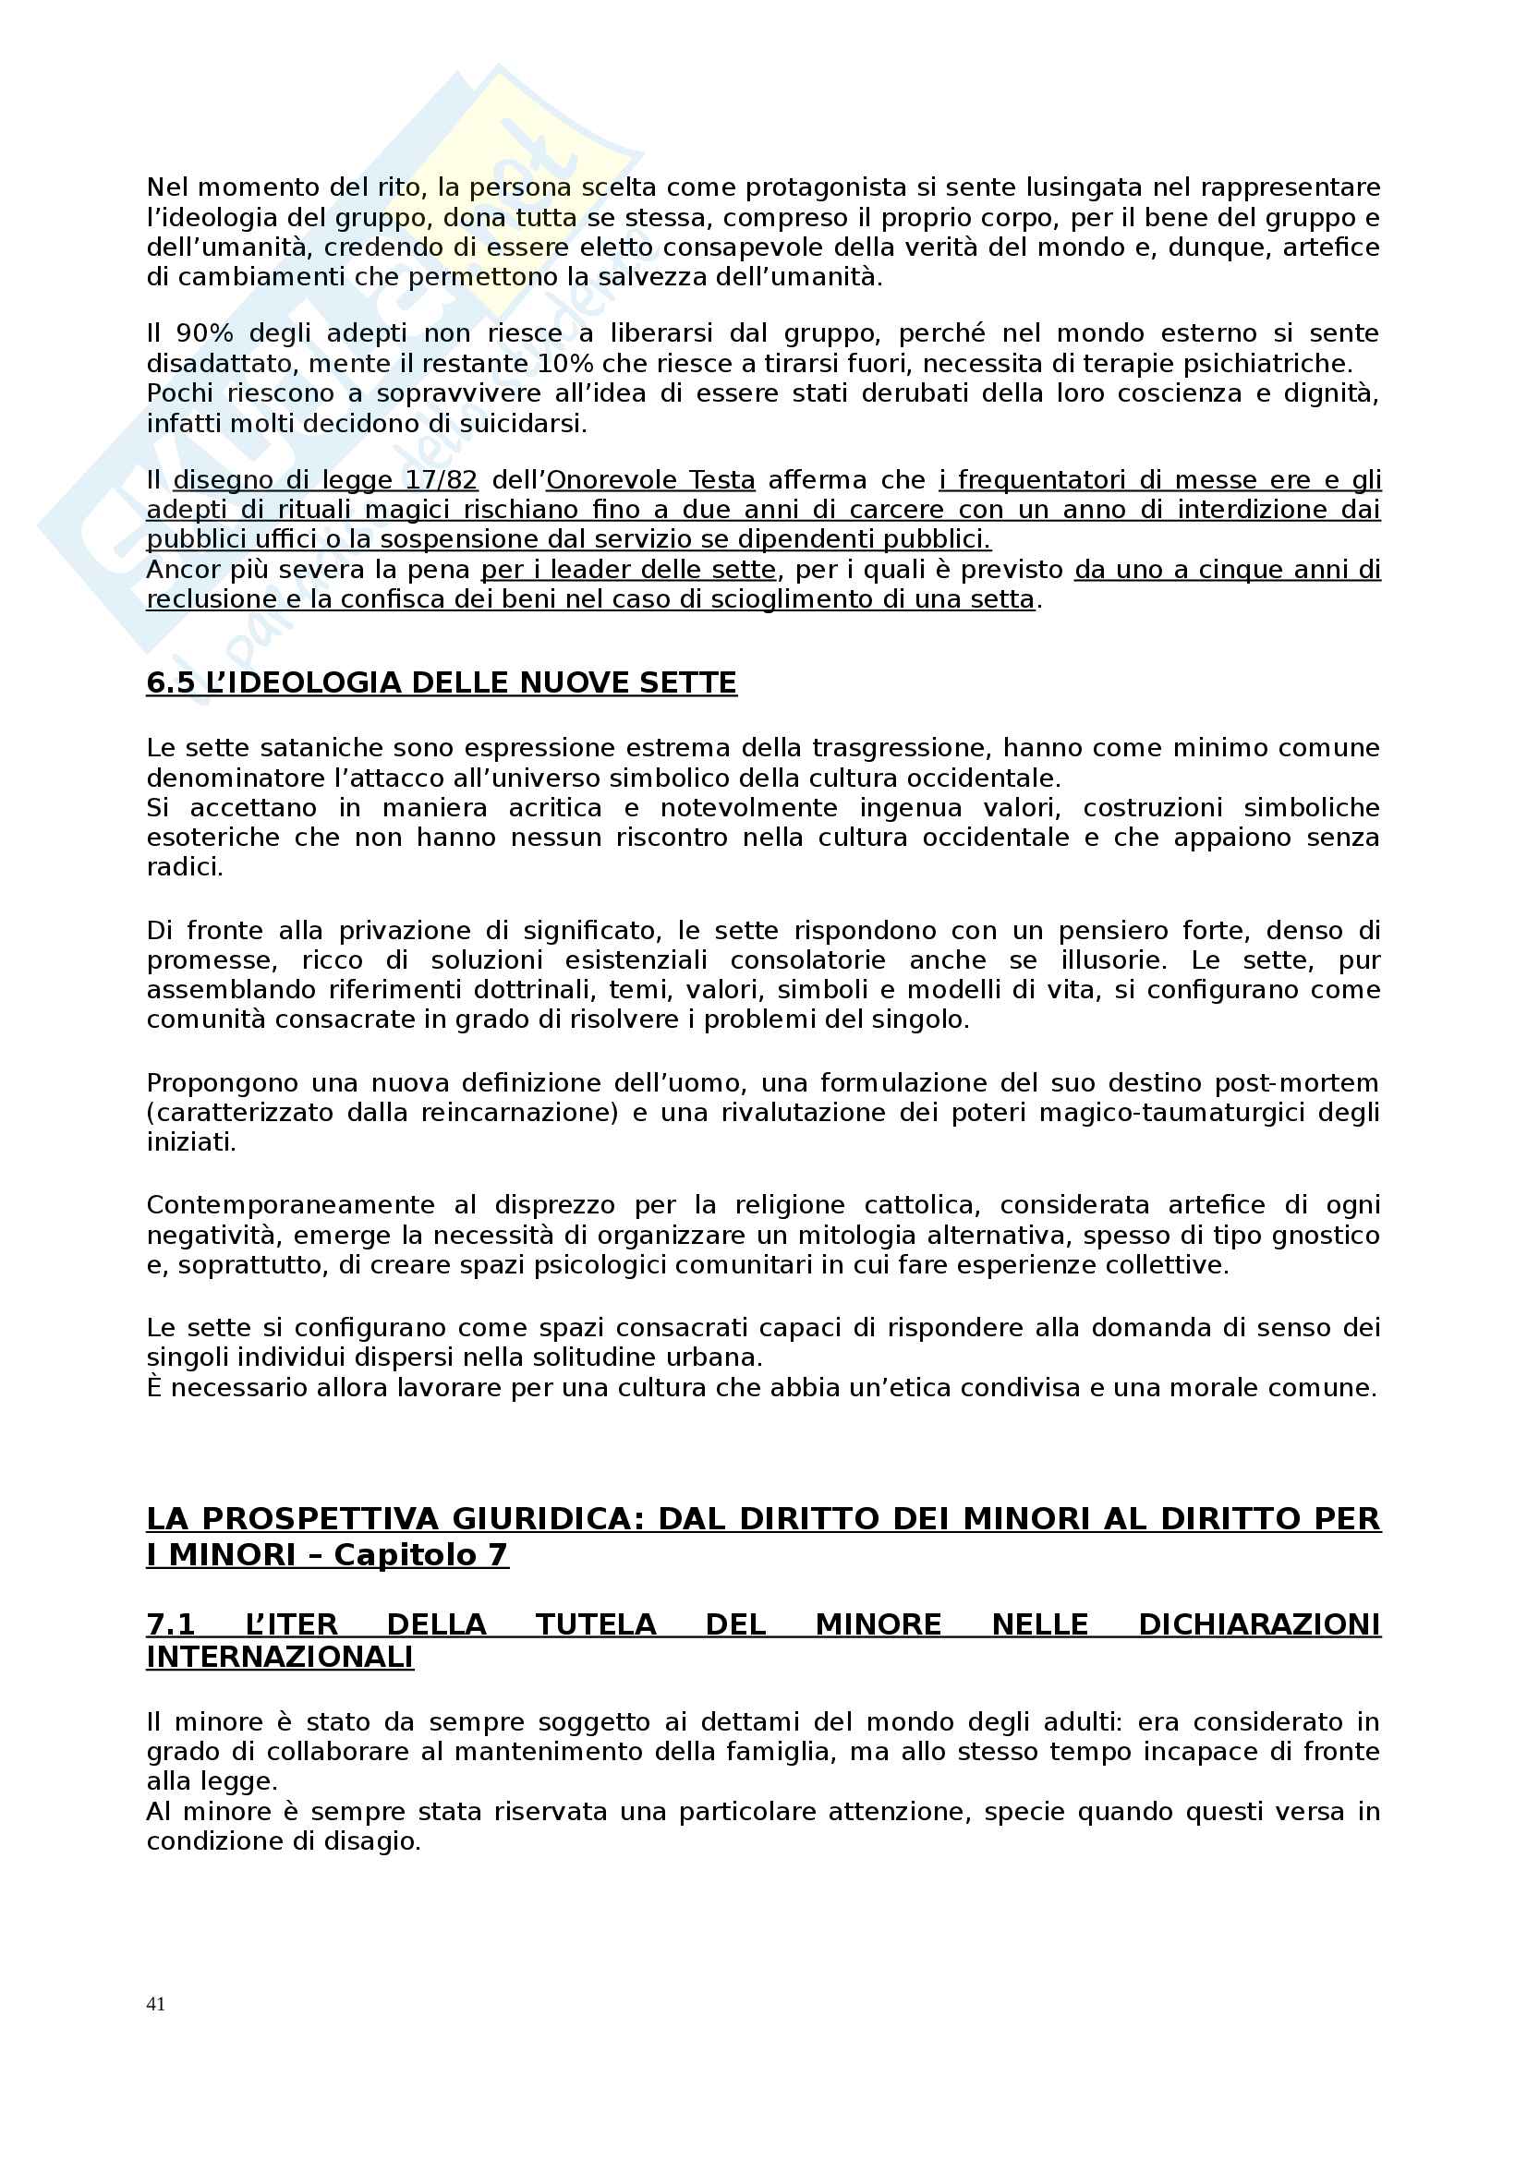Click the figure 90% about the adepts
(x=203, y=333)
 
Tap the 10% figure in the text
(x=564, y=363)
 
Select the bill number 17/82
(x=442, y=480)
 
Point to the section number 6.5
(x=170, y=682)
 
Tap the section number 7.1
(x=170, y=1623)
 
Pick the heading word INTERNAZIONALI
(x=279, y=1657)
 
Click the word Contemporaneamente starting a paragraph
(x=291, y=1204)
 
